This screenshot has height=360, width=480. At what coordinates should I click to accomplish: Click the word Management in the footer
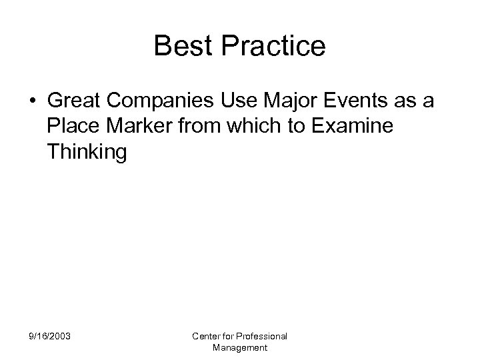coord(240,347)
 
